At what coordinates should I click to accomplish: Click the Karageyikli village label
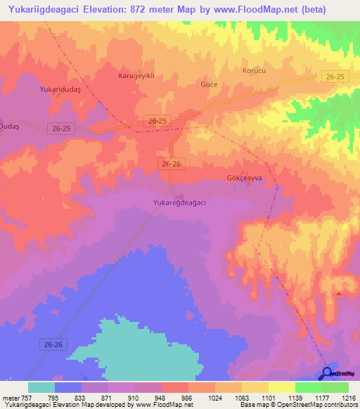coord(136,75)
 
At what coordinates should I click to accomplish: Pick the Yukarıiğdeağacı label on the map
coord(179,202)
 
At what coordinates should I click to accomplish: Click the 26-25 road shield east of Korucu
coord(336,75)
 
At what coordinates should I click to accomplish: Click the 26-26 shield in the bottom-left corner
coord(53,344)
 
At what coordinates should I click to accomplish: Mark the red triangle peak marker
coord(340,293)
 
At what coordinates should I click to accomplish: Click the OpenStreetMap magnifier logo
coord(327,373)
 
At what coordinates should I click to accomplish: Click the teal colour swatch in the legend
coord(41,387)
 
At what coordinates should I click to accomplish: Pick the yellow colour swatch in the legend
coord(282,387)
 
